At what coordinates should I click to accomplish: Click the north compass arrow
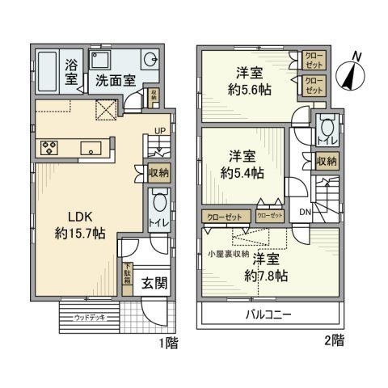click(352, 74)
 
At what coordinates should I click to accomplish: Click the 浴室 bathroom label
click(72, 73)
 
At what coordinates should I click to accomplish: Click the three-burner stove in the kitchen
click(48, 147)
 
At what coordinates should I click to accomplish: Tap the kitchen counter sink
click(92, 147)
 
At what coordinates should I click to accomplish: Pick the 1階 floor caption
click(167, 343)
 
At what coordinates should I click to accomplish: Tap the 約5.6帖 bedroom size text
click(248, 89)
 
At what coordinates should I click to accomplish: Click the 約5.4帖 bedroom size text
click(243, 172)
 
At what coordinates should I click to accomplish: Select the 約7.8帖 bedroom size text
click(269, 275)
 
